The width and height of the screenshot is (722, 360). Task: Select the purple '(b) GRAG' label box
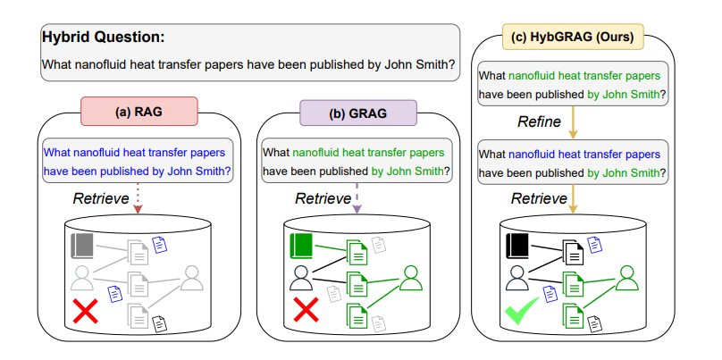pyautogui.click(x=357, y=113)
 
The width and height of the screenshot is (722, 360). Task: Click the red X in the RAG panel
pyautogui.click(x=86, y=313)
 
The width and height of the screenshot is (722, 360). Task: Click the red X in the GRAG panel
pyautogui.click(x=306, y=313)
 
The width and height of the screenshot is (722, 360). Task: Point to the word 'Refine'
pyautogui.click(x=539, y=121)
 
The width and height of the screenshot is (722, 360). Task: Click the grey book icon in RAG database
pyautogui.click(x=83, y=246)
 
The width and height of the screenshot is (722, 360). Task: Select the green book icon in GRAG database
pyautogui.click(x=302, y=245)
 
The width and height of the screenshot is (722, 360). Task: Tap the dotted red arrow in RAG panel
pyautogui.click(x=138, y=198)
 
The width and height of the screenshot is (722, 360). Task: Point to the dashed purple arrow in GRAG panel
pyautogui.click(x=357, y=198)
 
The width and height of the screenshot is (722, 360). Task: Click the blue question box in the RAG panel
pyautogui.click(x=137, y=161)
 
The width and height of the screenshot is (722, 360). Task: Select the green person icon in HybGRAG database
pyautogui.click(x=627, y=279)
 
